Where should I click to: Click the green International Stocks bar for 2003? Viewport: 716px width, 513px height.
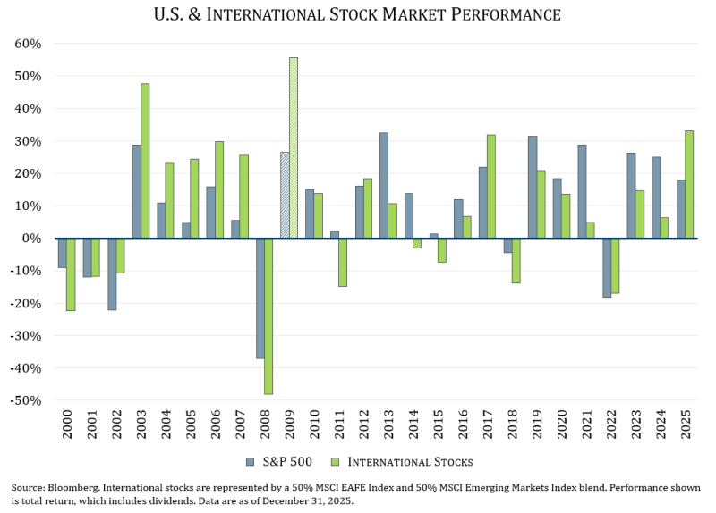pyautogui.click(x=145, y=161)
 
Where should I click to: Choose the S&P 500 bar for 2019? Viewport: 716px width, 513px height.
pyautogui.click(x=533, y=187)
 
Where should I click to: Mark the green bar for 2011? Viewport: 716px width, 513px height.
pyautogui.click(x=343, y=262)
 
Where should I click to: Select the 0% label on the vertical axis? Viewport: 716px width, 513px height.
pyautogui.click(x=32, y=239)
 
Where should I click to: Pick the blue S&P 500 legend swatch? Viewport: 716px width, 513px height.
pyautogui.click(x=251, y=462)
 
